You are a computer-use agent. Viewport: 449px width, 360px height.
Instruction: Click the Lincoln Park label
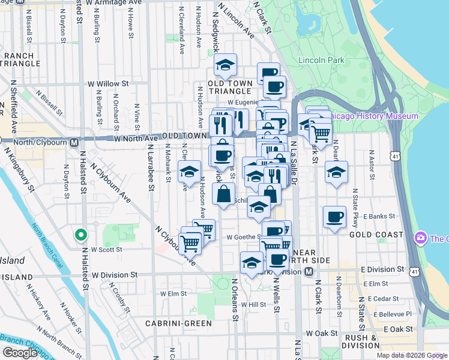coord(321,60)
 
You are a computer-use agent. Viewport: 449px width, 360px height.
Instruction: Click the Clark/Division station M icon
coord(309,272)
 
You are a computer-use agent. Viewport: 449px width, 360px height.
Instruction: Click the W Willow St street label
coord(108,84)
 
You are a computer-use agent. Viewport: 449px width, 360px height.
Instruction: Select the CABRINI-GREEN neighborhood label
coord(178,323)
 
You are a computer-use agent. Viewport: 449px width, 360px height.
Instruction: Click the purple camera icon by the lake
coord(421,238)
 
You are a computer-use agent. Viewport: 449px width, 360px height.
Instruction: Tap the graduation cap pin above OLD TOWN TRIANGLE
coord(226,64)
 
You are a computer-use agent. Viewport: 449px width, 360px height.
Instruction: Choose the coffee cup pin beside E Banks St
coord(334,217)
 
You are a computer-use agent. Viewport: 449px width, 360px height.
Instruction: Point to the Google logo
coord(20,353)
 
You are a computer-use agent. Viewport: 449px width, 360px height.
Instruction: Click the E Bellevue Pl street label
coord(393,314)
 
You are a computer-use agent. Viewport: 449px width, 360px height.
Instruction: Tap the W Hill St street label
coord(253,305)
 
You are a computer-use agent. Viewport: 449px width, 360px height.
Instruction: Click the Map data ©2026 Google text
coord(412,355)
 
